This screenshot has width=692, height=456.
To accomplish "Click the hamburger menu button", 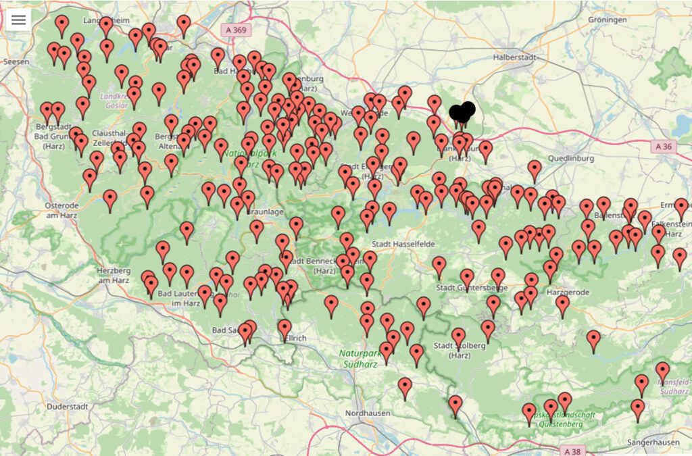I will pos(18,20).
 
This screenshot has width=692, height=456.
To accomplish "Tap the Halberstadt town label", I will pos(513,57).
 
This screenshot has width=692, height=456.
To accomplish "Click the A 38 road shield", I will pos(571,451).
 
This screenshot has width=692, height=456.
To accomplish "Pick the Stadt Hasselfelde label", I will pos(402,243).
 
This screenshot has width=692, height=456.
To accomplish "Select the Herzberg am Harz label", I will pos(112,275).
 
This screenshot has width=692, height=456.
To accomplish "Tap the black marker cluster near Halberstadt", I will pos(462,112).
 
